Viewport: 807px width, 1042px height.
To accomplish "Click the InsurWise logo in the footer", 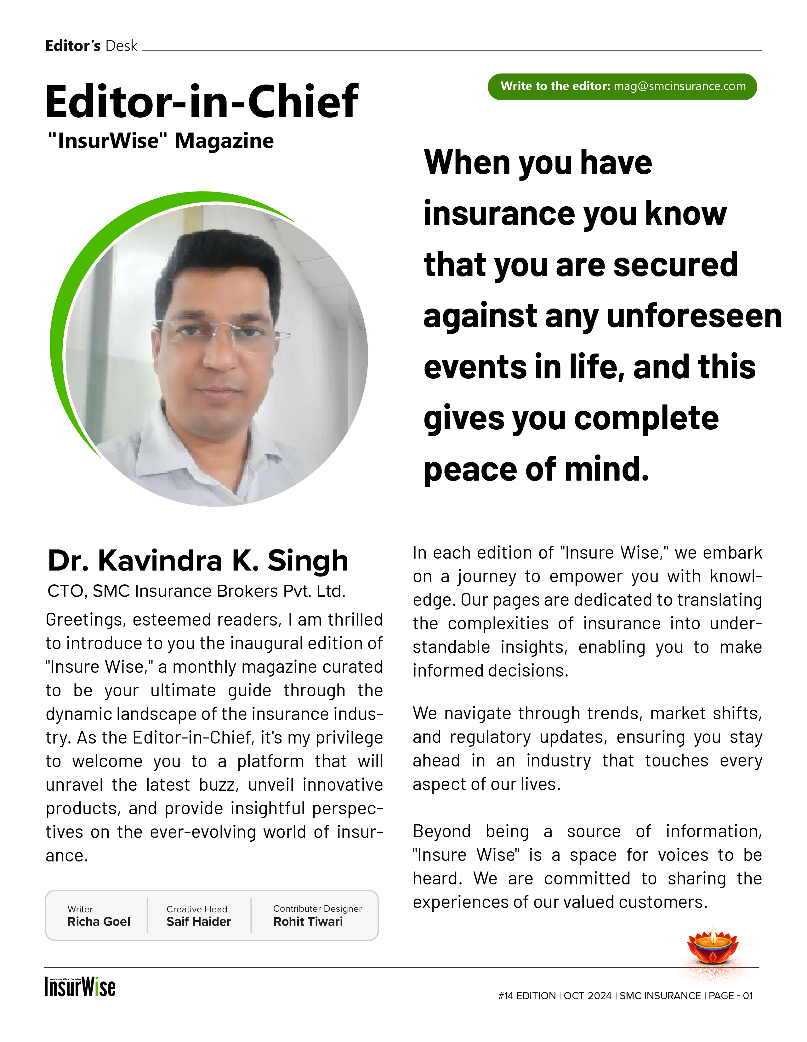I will click(x=80, y=987).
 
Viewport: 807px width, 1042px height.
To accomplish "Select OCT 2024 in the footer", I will click(x=587, y=996).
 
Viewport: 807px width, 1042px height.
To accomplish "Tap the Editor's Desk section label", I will click(x=91, y=46).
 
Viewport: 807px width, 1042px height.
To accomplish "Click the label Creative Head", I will click(x=197, y=909).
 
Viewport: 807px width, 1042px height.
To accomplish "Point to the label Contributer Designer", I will click(x=317, y=908).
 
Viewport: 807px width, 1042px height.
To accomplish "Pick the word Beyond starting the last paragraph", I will click(x=441, y=831).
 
